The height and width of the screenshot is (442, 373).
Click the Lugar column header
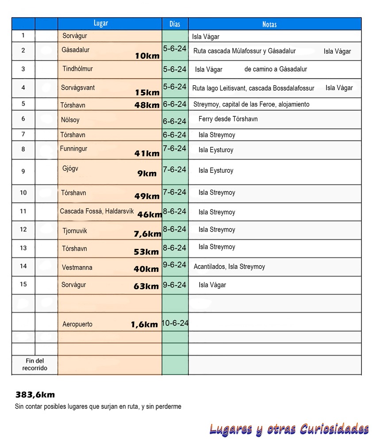click(x=101, y=23)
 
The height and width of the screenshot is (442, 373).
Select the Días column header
click(x=175, y=24)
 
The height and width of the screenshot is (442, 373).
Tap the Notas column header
click(x=269, y=24)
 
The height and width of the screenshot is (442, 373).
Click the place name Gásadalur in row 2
click(x=75, y=50)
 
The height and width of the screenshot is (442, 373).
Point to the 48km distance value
click(x=147, y=105)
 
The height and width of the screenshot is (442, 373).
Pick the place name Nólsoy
click(x=70, y=120)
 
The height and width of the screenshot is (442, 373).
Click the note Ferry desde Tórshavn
click(x=228, y=119)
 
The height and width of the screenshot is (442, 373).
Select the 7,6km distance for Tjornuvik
click(x=147, y=234)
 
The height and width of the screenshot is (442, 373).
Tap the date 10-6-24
click(x=175, y=323)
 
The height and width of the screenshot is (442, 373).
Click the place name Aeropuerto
click(x=77, y=324)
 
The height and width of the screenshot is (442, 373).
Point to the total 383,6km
click(x=35, y=395)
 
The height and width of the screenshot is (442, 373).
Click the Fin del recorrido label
click(x=35, y=365)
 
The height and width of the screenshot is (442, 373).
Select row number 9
click(x=23, y=171)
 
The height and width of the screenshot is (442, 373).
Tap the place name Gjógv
click(x=70, y=168)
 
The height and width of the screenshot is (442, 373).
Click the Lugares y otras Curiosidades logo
click(x=289, y=429)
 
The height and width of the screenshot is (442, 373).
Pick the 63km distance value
click(x=146, y=286)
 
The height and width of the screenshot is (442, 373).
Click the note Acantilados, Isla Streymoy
click(x=229, y=267)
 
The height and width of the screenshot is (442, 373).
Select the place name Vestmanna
click(x=77, y=267)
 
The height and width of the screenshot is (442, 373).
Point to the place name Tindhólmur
click(x=77, y=69)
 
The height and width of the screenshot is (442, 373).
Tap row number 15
click(x=23, y=284)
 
